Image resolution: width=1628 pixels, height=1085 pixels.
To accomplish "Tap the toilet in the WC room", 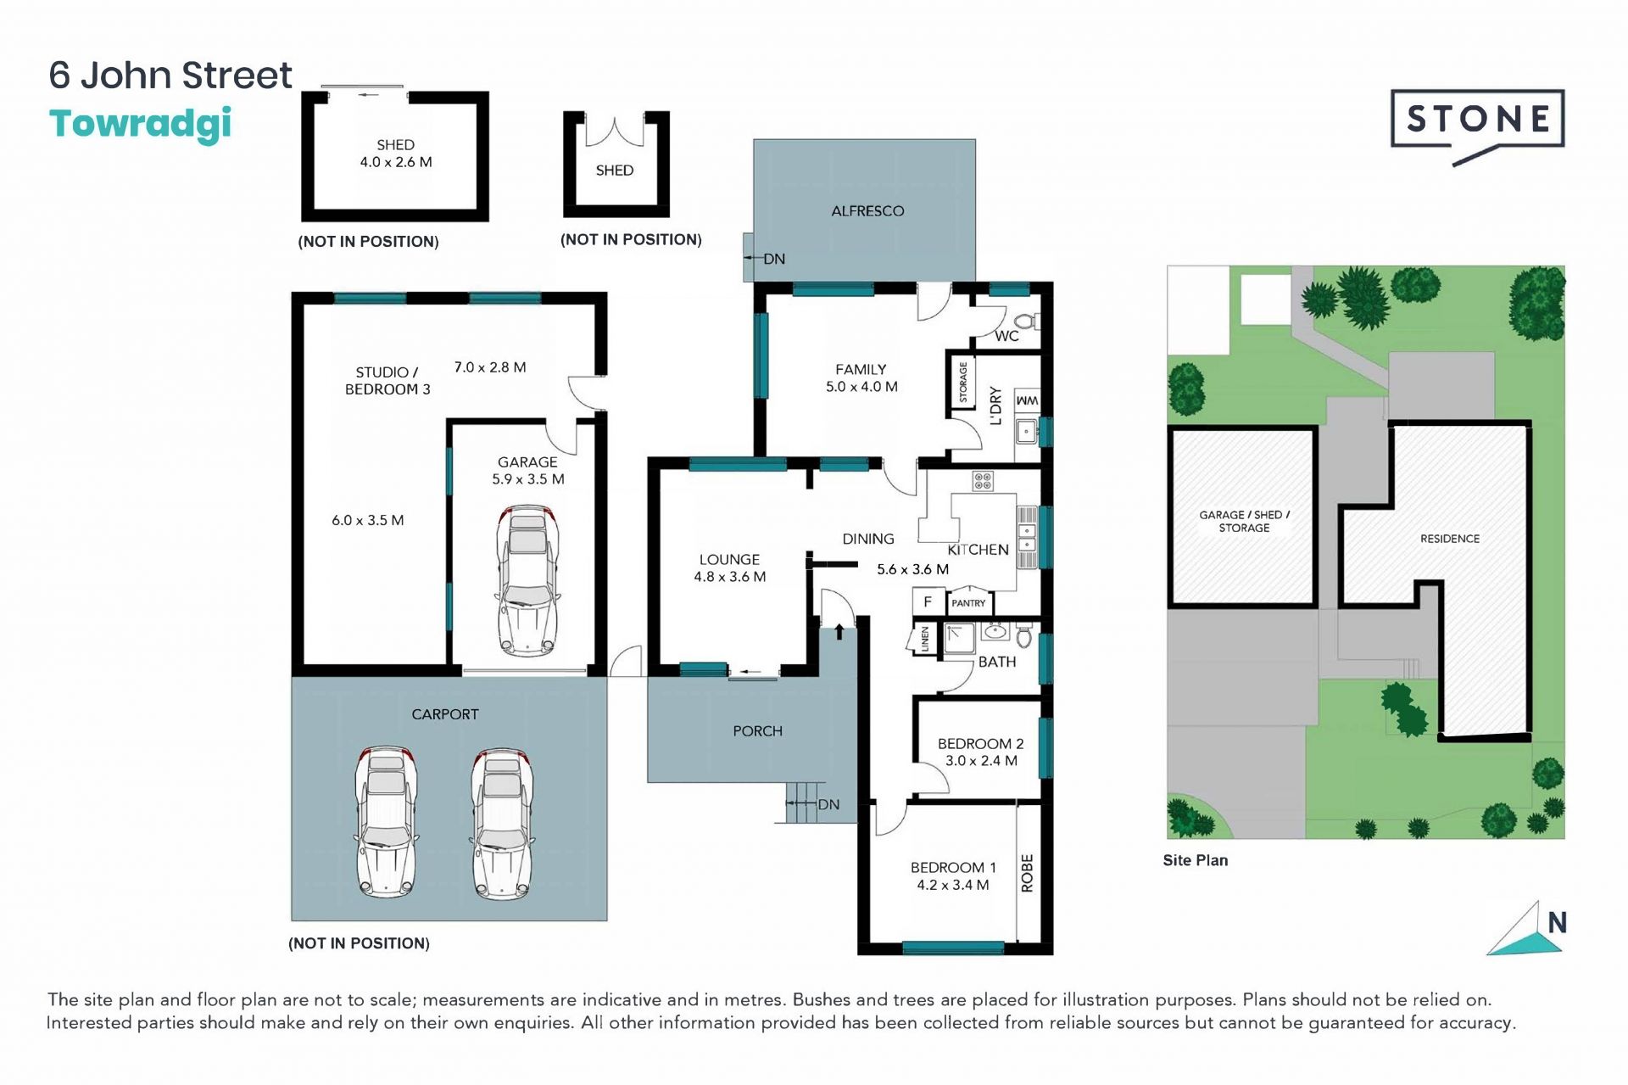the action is [x=1027, y=322].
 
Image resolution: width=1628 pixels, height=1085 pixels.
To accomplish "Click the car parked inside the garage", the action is [x=527, y=580].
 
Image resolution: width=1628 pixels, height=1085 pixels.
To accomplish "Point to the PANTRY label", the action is [x=968, y=603].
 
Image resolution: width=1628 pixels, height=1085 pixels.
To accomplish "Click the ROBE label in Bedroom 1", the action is [x=1027, y=873].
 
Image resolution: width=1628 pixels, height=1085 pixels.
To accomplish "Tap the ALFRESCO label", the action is [x=867, y=211].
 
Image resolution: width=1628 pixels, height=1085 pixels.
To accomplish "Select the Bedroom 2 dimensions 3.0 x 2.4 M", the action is [x=981, y=761].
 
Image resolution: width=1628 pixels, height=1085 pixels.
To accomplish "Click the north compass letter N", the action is [x=1557, y=922].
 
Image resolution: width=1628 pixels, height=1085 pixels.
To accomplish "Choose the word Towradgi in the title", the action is [x=141, y=124].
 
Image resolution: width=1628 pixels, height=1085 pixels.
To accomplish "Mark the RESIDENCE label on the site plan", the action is [x=1450, y=539].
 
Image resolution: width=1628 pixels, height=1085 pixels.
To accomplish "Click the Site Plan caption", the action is [x=1196, y=860].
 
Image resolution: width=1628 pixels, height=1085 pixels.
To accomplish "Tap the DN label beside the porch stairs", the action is [x=828, y=804].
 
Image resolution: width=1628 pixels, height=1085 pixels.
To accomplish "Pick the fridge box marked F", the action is [x=928, y=601].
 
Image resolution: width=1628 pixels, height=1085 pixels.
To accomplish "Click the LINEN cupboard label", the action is [x=924, y=639].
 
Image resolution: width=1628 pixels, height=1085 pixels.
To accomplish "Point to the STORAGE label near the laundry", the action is [x=962, y=382].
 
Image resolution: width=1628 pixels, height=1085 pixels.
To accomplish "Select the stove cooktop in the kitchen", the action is [x=983, y=481].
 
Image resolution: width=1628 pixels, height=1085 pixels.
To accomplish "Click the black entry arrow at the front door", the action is [x=839, y=632].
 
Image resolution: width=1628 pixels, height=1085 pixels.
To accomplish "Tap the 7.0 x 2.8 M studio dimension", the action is [x=490, y=367].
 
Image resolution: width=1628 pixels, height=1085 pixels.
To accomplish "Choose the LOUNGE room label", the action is [x=729, y=560].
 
